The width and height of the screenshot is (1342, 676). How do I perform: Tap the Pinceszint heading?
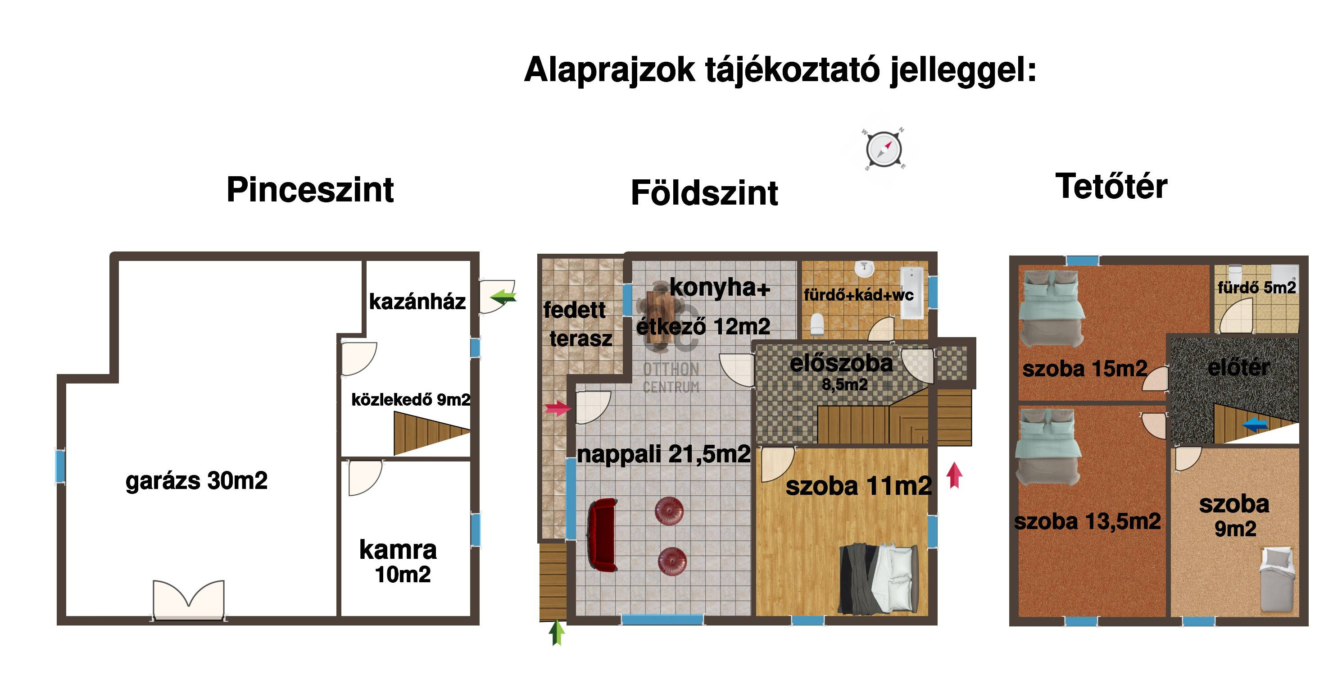pos(310,189)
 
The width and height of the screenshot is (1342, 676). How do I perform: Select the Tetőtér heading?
pos(1111,186)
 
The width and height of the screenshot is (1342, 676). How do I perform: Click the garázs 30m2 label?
pos(196,480)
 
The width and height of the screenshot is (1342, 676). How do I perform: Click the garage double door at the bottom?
pos(189,600)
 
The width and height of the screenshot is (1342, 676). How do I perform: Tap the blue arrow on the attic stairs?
pos(1255,425)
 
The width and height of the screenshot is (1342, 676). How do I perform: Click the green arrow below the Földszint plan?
pos(557,632)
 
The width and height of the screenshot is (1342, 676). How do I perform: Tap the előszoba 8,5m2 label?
pos(842,372)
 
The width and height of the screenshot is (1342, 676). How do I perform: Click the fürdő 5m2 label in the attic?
pos(1256,287)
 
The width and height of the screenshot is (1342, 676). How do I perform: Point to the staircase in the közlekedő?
pos(432,433)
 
